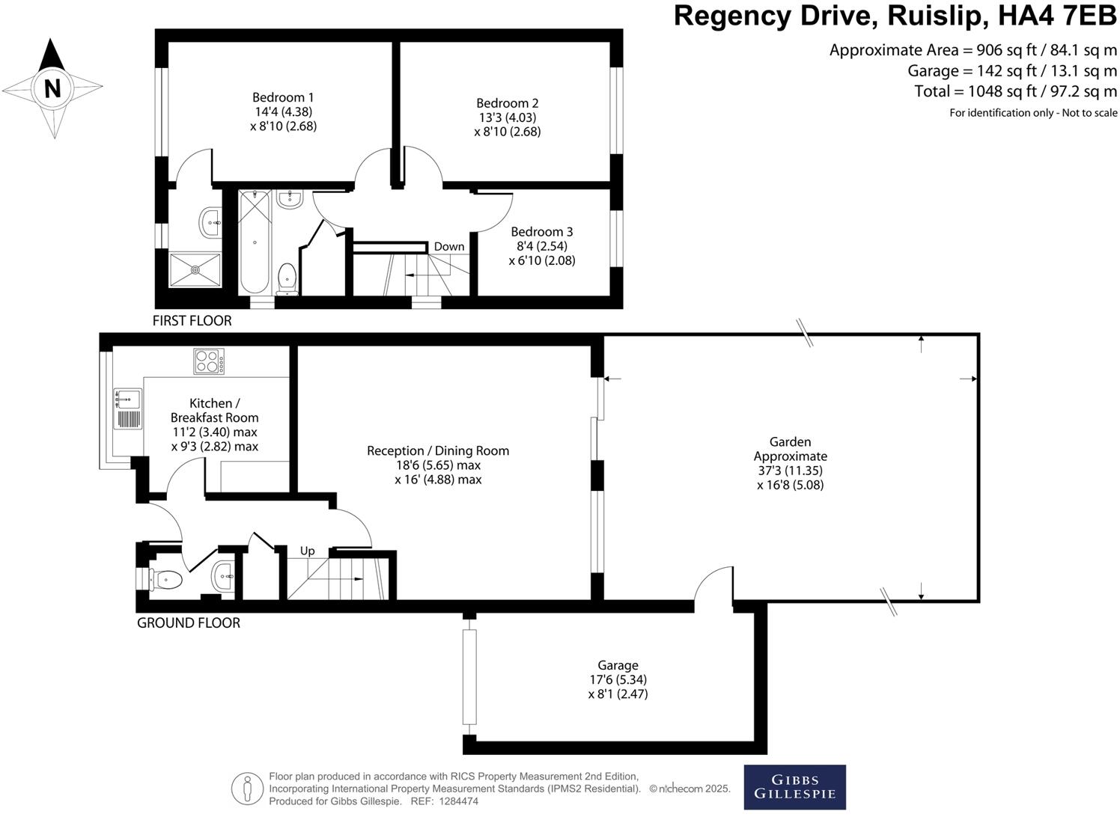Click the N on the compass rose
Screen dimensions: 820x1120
point(52,88)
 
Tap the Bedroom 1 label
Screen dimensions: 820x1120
point(283,97)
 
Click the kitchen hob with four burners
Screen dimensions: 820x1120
point(210,362)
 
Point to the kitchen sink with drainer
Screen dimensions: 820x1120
point(127,409)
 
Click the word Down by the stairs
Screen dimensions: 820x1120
point(449,247)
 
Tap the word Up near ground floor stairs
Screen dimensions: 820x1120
point(307,551)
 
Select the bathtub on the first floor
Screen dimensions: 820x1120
point(255,242)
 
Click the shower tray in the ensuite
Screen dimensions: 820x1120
point(195,269)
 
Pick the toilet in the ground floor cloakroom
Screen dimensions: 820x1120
point(166,579)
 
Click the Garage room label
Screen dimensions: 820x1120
point(618,665)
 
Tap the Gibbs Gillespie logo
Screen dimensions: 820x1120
point(794,787)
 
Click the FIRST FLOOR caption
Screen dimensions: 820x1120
point(192,321)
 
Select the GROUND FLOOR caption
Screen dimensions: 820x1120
point(189,623)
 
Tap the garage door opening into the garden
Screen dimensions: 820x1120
point(713,585)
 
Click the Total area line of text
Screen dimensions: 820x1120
point(1015,92)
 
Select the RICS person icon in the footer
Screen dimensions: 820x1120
point(247,789)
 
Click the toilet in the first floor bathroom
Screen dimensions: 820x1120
point(287,278)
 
